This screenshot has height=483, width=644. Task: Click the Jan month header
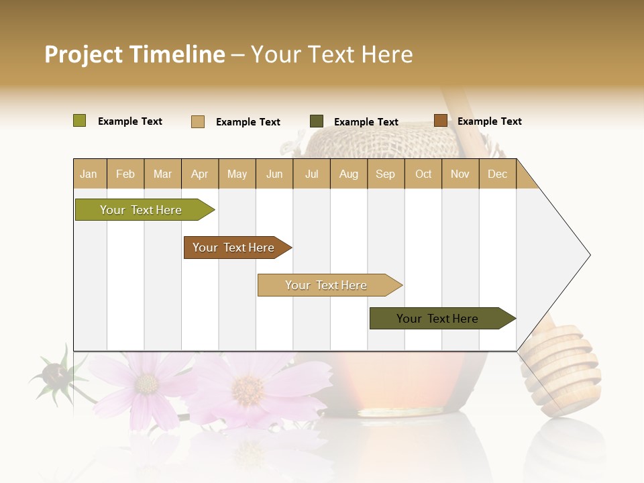(89, 174)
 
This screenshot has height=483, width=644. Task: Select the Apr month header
(199, 174)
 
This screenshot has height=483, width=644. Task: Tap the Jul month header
(311, 174)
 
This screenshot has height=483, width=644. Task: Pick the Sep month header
(385, 174)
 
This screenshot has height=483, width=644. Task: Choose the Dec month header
(497, 174)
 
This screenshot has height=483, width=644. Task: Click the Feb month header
(125, 174)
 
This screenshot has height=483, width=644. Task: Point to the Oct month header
(423, 174)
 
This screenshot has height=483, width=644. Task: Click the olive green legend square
(79, 121)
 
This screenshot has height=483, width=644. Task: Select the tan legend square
(198, 121)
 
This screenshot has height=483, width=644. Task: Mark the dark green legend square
(317, 121)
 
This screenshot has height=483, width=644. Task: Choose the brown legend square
(440, 121)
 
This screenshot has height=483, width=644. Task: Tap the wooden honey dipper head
(559, 369)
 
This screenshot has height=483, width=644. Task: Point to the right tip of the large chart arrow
(589, 254)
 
